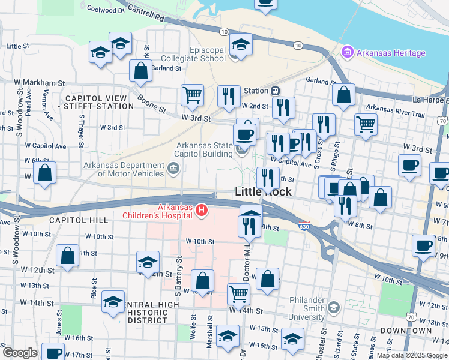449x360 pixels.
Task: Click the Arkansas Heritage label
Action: [391, 53]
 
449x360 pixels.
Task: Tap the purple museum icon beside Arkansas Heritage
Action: [347, 53]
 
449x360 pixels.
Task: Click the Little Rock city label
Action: [263, 192]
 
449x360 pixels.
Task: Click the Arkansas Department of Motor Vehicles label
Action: [123, 170]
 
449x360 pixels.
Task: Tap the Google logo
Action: [20, 352]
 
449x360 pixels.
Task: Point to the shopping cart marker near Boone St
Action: [192, 94]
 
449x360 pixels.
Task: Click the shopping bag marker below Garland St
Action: [140, 70]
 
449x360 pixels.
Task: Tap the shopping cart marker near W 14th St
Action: [238, 293]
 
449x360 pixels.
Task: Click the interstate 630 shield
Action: [304, 227]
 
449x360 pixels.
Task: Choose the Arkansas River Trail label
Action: [396, 112]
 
